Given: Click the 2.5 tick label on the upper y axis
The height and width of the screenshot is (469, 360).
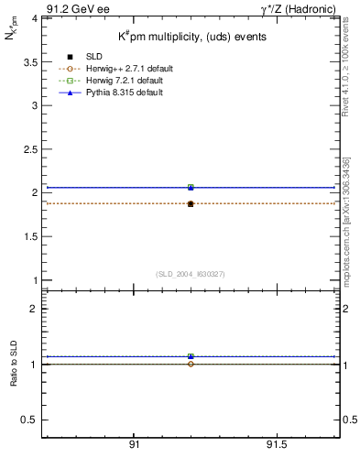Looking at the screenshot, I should [28, 149].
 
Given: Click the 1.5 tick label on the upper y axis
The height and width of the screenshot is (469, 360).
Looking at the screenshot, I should [28, 236].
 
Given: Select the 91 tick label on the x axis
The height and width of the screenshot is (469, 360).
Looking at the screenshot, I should [134, 444].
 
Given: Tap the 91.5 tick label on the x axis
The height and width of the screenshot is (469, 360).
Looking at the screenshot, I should [276, 444].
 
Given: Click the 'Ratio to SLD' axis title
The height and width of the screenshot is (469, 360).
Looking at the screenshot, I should [15, 365].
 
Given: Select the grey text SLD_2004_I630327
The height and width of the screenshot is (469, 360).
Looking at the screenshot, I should [191, 273].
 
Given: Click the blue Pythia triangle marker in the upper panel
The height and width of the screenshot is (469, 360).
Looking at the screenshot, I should [191, 187].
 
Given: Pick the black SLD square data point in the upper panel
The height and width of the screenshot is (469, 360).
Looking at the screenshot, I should [191, 203].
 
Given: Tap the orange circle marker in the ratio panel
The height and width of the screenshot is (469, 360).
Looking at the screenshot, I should [191, 365].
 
